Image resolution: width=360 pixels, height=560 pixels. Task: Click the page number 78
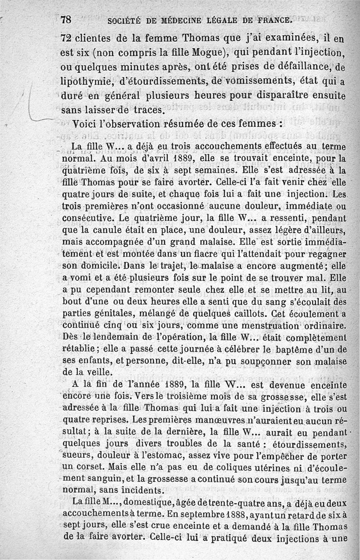pyautogui.click(x=66, y=20)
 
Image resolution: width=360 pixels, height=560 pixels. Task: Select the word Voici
pyautogui.click(x=85, y=124)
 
